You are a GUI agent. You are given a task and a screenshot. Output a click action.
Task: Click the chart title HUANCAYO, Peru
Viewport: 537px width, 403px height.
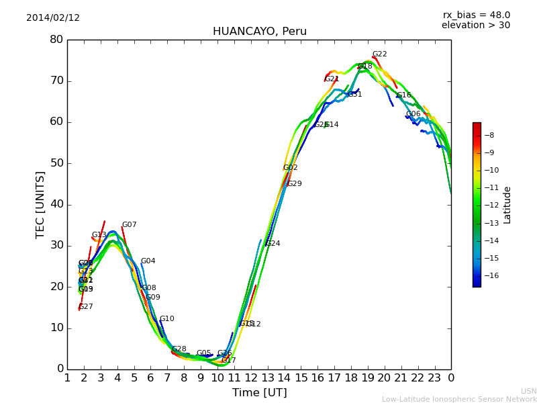pyautogui.click(x=259, y=32)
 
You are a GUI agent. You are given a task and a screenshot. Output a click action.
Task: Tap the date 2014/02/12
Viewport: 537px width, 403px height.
pyautogui.click(x=53, y=18)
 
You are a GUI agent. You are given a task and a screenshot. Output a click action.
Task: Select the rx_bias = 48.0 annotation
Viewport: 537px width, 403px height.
pyautogui.click(x=476, y=15)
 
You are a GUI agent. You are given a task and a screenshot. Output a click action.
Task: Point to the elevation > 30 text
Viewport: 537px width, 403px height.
pyautogui.click(x=475, y=26)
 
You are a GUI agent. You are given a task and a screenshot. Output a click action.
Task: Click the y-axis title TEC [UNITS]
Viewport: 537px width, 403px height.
pyautogui.click(x=40, y=204)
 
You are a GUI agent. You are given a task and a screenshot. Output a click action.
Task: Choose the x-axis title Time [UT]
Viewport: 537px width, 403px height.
pyautogui.click(x=259, y=393)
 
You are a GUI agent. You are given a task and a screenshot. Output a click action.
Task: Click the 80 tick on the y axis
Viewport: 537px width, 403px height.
pyautogui.click(x=56, y=40)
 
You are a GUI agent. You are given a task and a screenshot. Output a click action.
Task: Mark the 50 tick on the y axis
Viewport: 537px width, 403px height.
pyautogui.click(x=56, y=163)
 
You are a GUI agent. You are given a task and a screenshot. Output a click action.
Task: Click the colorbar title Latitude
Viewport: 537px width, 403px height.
pyautogui.click(x=507, y=205)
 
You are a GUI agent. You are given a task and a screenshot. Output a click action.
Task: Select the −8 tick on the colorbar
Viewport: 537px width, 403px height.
pyautogui.click(x=489, y=135)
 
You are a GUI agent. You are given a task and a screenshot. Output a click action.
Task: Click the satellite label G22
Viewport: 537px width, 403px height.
pyautogui.click(x=380, y=54)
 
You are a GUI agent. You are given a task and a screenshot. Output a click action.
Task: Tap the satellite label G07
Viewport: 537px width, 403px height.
pyautogui.click(x=129, y=225)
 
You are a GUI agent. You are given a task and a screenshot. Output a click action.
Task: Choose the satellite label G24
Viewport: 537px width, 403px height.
pyautogui.click(x=273, y=244)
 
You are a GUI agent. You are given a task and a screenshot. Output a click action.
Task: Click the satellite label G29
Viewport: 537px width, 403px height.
pyautogui.click(x=295, y=184)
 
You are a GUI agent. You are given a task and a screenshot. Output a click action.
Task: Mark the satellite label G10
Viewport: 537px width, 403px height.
pyautogui.click(x=166, y=319)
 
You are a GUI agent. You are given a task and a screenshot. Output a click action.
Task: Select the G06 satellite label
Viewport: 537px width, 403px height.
pyautogui.click(x=413, y=114)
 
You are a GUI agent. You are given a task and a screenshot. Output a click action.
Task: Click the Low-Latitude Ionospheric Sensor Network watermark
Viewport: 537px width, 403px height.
pyautogui.click(x=459, y=399)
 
